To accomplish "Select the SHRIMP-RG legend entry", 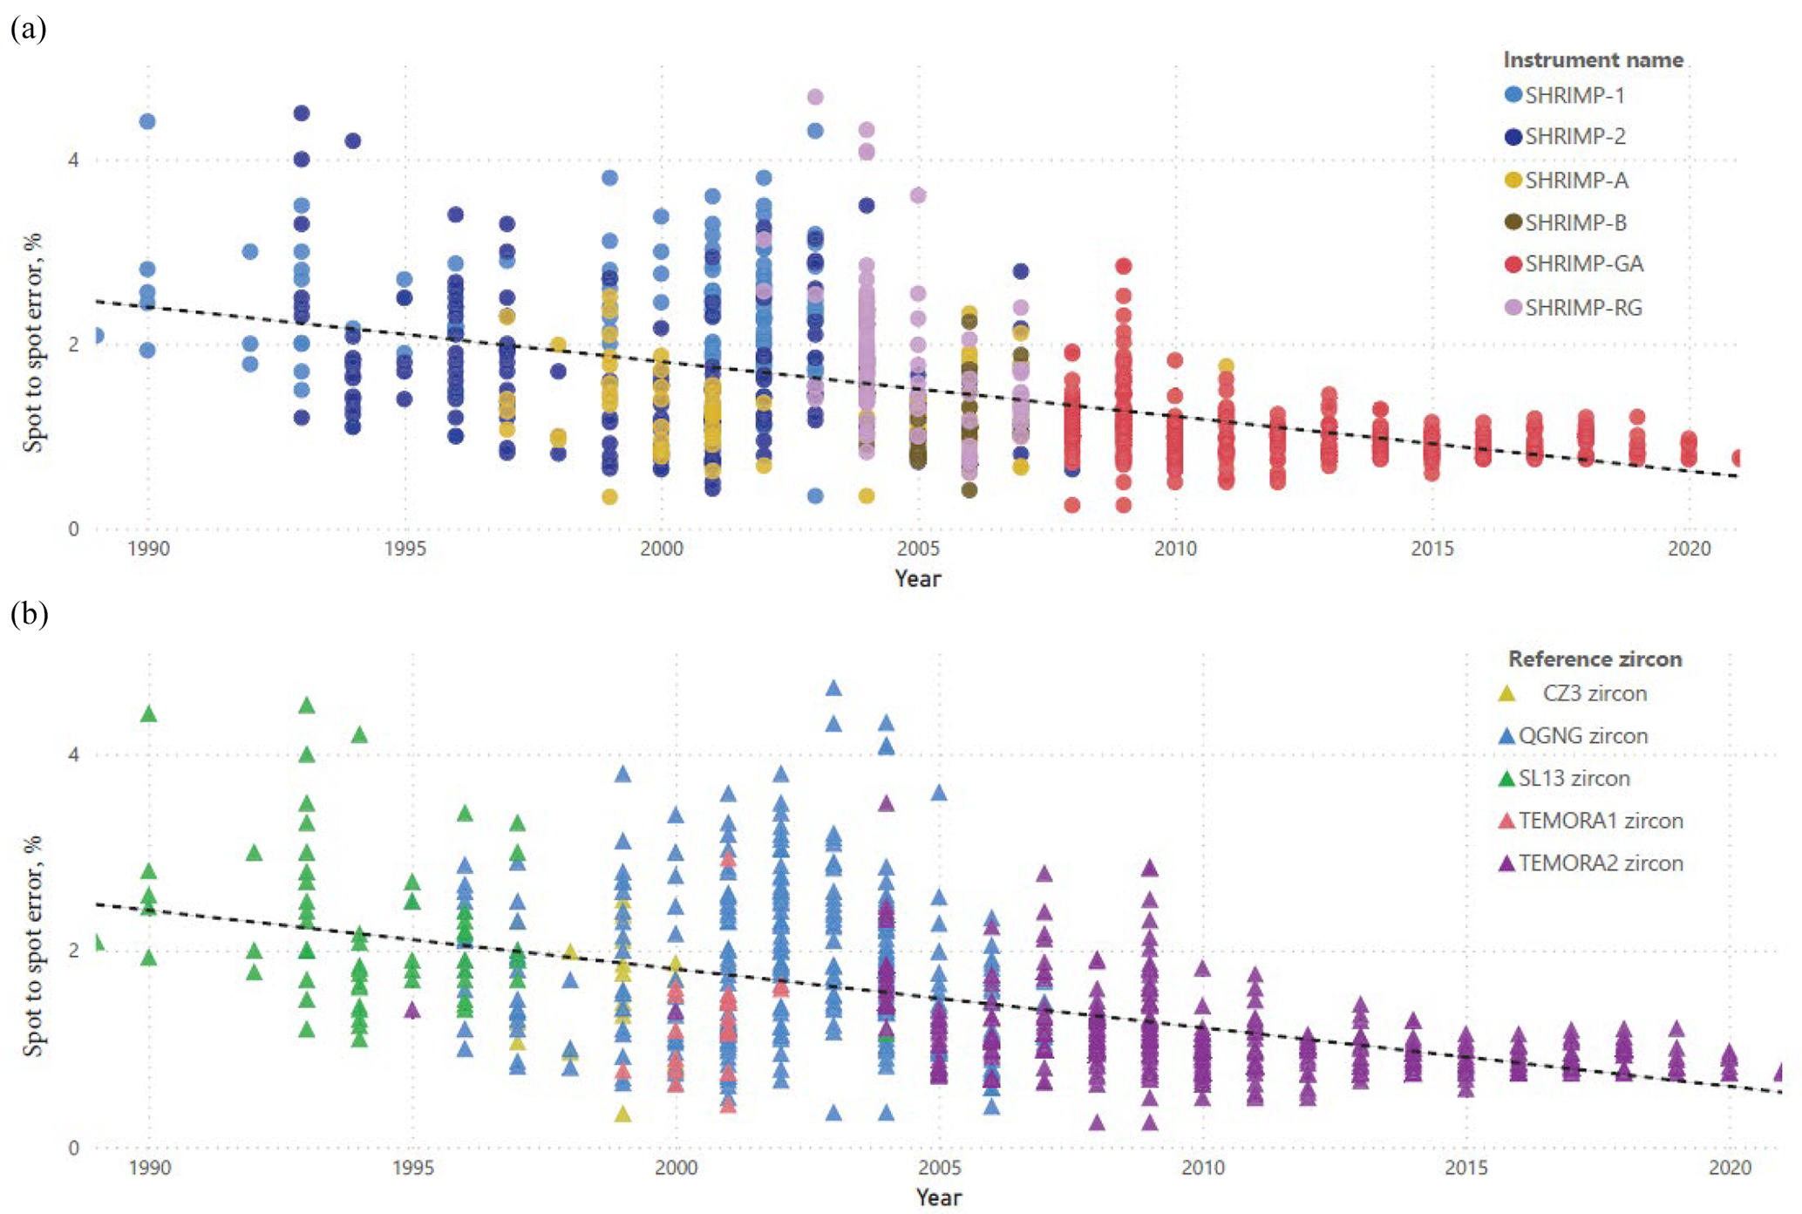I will (x=1574, y=308).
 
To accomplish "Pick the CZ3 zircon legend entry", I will (x=1594, y=694).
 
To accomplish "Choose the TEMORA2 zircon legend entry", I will (x=1600, y=863).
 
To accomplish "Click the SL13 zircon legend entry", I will (x=1574, y=779).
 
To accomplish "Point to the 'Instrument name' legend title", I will (x=1593, y=60).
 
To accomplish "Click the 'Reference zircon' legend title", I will (x=1595, y=659).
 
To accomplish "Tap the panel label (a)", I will (x=28, y=29).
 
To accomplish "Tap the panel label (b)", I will (x=29, y=614).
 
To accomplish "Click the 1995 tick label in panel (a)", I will (x=405, y=549).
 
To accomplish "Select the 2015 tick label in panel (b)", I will (x=1466, y=1167).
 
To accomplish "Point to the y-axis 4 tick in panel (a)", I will (x=73, y=160).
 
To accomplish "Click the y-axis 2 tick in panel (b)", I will (x=73, y=951).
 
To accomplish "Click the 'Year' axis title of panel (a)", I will (x=917, y=578).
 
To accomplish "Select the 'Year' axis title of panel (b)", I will (x=938, y=1197).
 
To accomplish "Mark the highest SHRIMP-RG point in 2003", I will (x=815, y=97).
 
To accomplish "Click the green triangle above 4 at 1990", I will (x=149, y=714).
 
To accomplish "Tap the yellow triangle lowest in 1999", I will (x=622, y=1114).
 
